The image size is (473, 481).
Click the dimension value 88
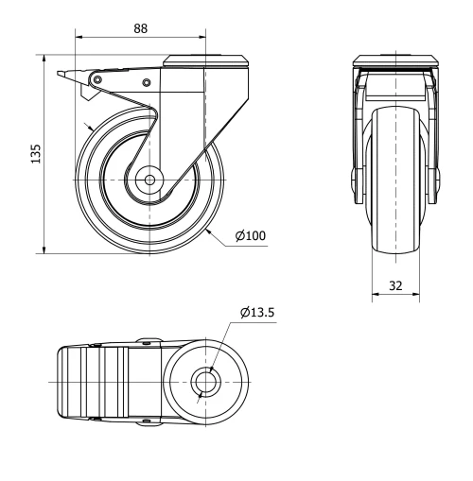point(139,28)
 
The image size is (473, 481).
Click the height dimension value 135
point(35,154)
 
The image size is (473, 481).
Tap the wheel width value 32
point(394,283)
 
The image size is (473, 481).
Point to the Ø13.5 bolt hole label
point(257,312)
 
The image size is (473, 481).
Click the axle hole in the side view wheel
point(149,180)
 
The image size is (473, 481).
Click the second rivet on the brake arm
point(147,83)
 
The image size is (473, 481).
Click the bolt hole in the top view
point(204,382)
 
